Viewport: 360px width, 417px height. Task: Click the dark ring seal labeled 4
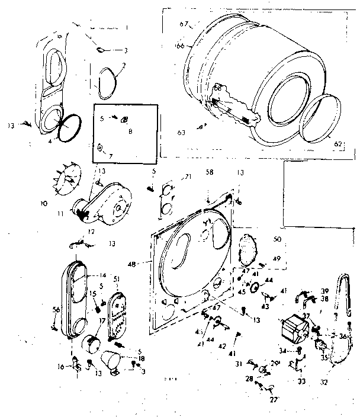[x=70, y=127]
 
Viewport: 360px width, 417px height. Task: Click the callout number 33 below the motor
[x=302, y=381]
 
